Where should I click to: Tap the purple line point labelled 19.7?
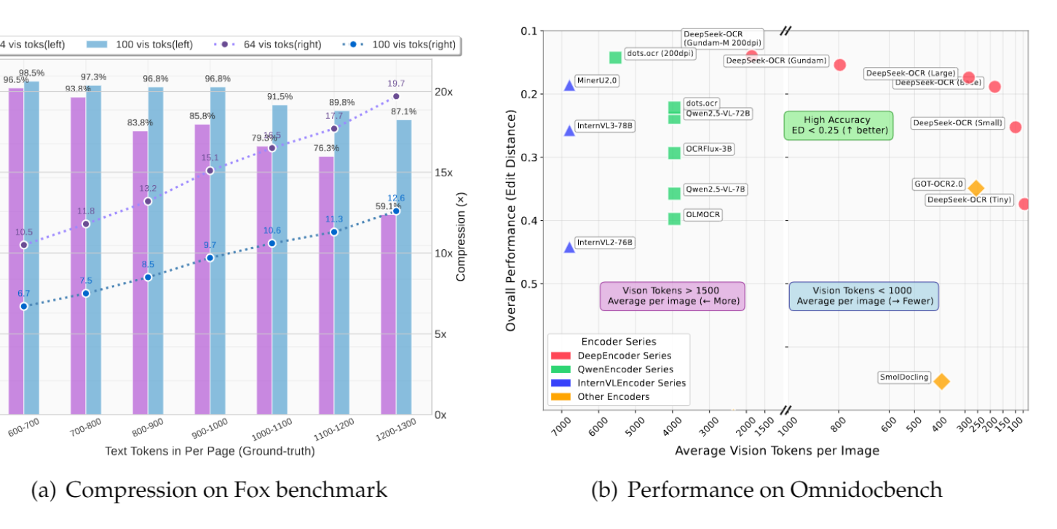pos(396,96)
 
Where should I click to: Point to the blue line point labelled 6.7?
pos(24,306)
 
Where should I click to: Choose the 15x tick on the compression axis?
pos(443,173)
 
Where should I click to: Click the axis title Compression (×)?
pos(461,238)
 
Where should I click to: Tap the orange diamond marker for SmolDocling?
pos(941,381)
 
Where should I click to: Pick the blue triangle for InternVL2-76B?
pos(569,247)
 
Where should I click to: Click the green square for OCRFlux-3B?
pos(674,153)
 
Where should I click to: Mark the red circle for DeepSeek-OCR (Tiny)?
pos(1024,204)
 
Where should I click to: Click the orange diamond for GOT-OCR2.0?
pos(976,189)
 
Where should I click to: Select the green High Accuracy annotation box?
pos(838,125)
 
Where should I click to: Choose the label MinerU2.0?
pos(596,80)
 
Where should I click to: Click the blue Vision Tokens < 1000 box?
pos(864,296)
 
